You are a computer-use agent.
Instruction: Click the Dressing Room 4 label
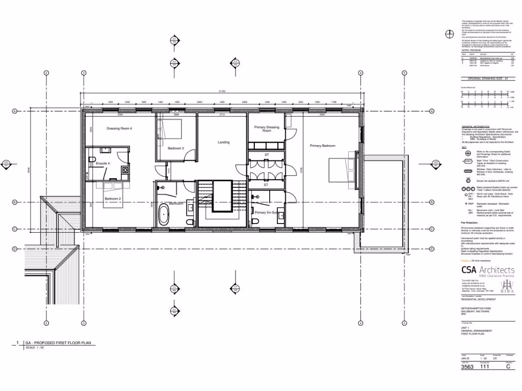(119, 128)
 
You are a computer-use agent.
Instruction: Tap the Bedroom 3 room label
(176, 148)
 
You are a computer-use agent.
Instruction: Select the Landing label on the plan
(223, 142)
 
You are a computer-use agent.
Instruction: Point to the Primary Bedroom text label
(323, 146)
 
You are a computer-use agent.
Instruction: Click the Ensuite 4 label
(103, 163)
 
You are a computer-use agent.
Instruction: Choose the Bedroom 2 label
(113, 198)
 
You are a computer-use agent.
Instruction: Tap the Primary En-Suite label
(266, 212)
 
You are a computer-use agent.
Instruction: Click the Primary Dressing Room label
(267, 129)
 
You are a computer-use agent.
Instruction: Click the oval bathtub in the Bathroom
(164, 215)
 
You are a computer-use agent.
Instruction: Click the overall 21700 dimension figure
(222, 91)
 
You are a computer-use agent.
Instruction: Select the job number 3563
(467, 367)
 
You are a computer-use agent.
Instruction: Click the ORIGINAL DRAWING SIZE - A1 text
(488, 79)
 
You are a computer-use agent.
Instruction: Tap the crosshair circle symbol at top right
(450, 34)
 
